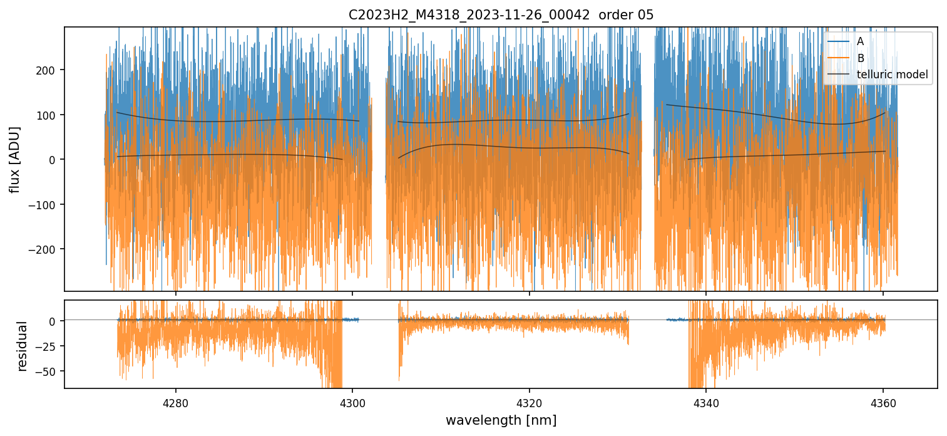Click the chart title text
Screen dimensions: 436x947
tap(501, 15)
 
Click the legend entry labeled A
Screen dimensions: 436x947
tap(860, 42)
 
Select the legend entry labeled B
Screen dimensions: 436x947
tap(860, 59)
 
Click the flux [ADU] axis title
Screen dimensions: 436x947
tap(14, 159)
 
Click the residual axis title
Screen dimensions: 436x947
tap(23, 346)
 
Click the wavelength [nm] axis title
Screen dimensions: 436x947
tap(501, 420)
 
